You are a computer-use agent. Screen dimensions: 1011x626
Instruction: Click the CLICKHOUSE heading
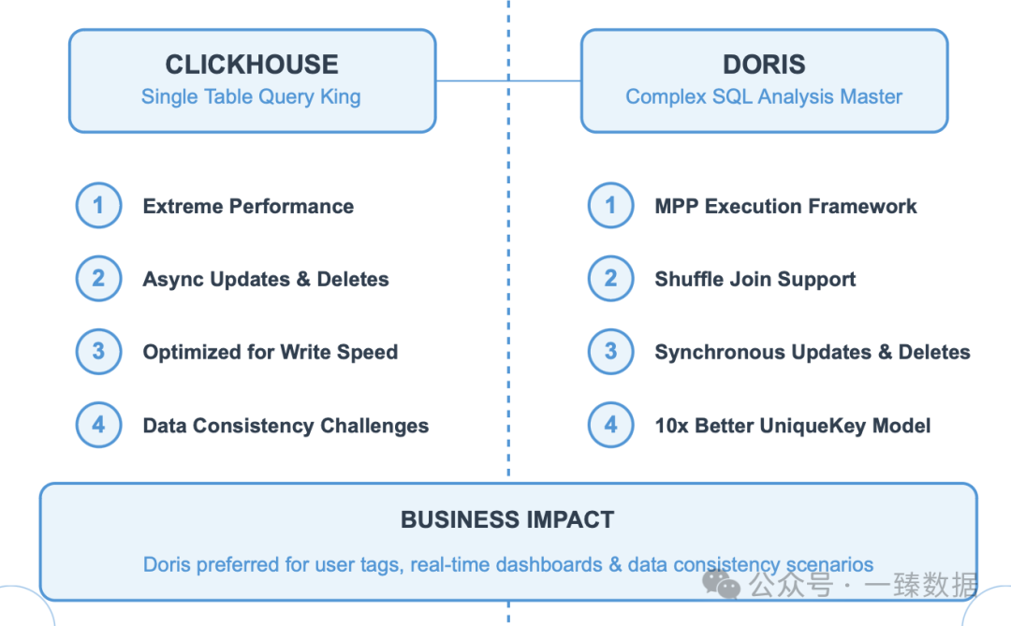point(252,65)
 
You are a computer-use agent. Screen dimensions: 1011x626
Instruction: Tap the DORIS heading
point(764,65)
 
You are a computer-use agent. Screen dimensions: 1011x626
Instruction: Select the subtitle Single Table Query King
point(251,96)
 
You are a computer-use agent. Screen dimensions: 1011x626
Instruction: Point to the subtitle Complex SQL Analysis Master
point(764,96)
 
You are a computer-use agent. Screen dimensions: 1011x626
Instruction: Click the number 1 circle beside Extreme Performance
point(98,206)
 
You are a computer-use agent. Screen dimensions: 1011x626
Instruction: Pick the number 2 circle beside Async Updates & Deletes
point(98,279)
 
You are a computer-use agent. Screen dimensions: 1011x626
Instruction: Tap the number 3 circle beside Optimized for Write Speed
point(98,352)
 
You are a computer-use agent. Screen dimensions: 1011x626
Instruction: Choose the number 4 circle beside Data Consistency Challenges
point(98,425)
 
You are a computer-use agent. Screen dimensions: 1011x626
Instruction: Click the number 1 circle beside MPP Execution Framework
point(610,206)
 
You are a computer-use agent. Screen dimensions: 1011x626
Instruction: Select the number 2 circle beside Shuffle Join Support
point(610,279)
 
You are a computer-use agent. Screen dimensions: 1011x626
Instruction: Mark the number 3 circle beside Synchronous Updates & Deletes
point(610,352)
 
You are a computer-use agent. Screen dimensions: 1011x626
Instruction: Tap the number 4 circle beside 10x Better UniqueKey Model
point(610,425)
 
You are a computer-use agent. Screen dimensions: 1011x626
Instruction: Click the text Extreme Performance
point(248,207)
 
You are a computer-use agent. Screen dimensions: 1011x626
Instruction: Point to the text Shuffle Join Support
point(755,280)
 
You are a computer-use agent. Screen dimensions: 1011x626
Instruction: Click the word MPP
point(676,207)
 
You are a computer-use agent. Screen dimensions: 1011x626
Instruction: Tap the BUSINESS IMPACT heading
point(507,520)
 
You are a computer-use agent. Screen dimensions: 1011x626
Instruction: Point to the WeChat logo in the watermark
point(721,587)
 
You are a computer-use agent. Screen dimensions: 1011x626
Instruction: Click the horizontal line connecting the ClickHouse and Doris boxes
point(508,80)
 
